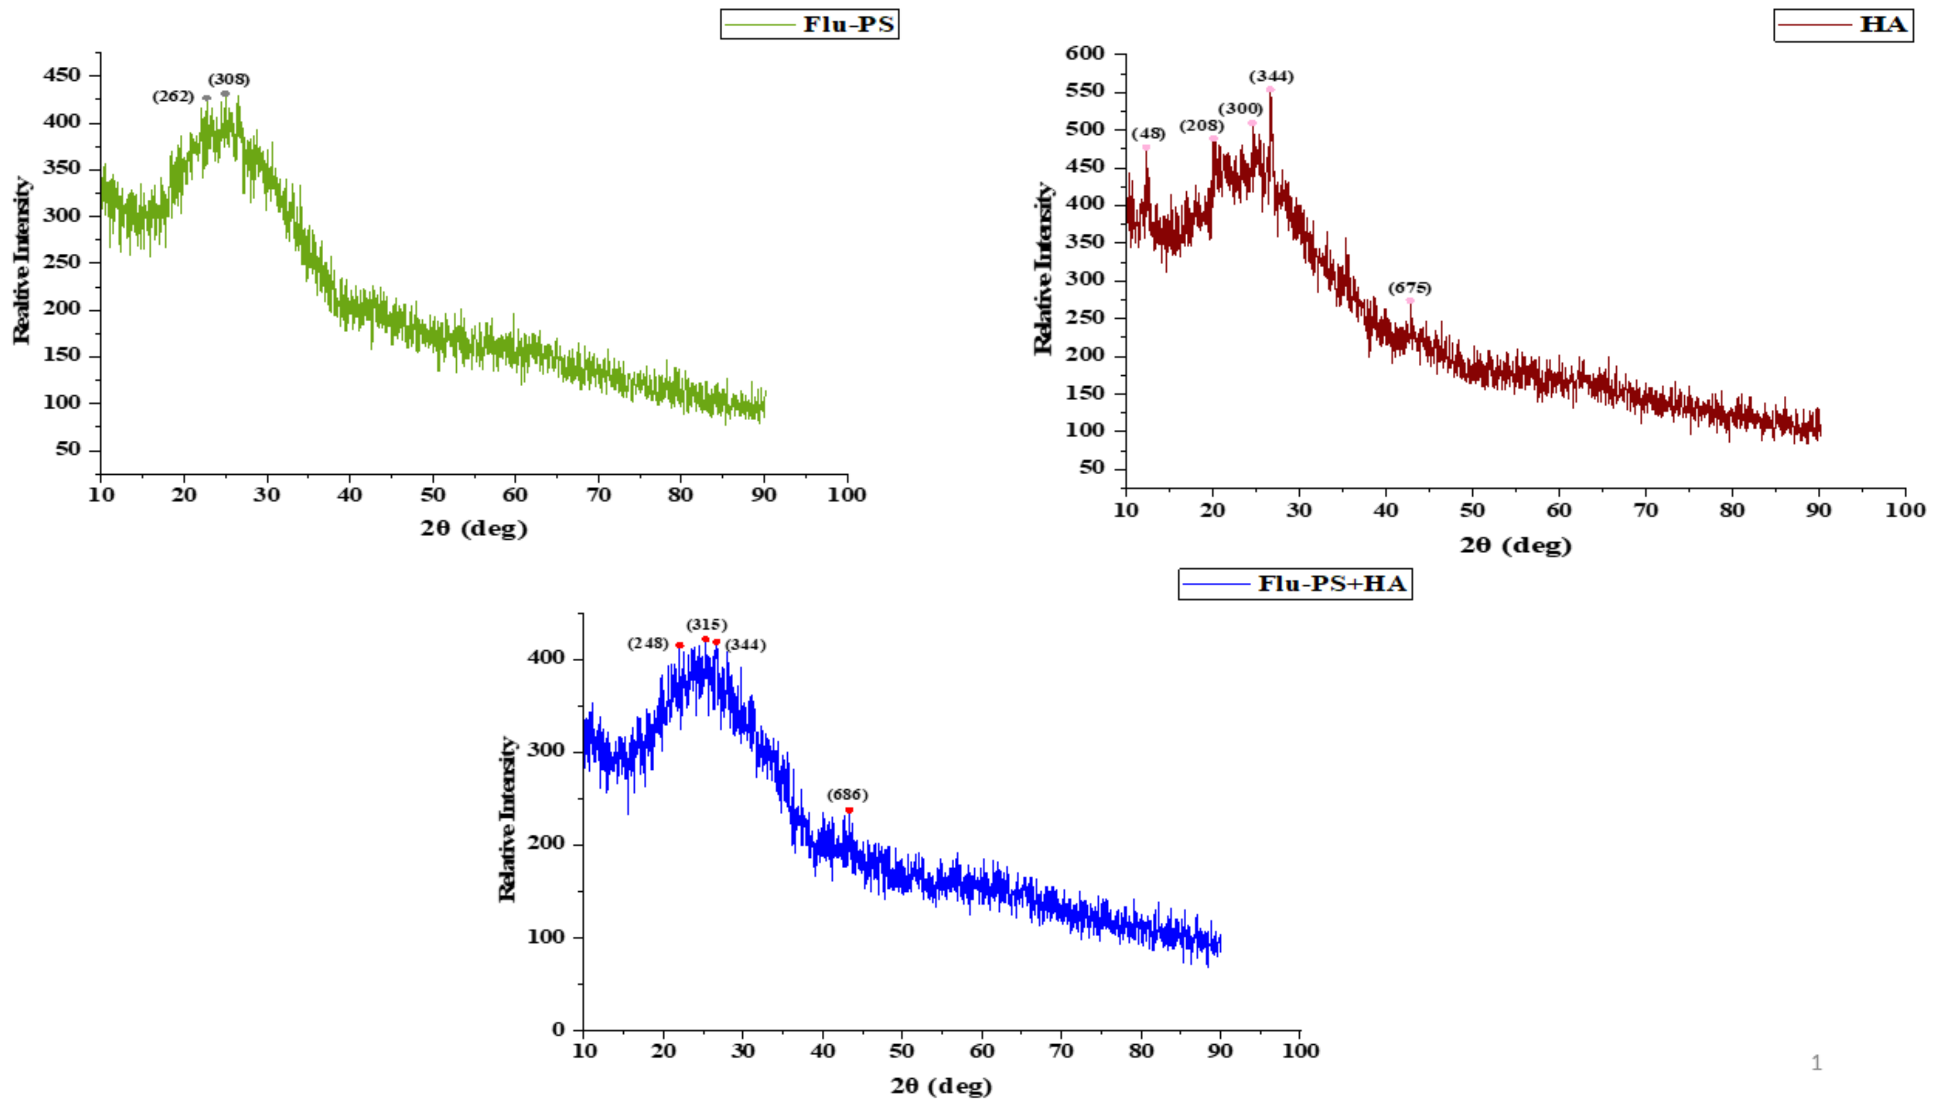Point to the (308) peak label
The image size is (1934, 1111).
click(229, 79)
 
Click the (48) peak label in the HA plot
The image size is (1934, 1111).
click(1148, 134)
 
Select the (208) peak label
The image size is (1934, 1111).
click(1201, 126)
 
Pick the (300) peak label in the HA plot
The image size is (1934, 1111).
click(1240, 109)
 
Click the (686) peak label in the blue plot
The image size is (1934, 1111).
click(847, 795)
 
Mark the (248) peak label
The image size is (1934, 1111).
click(648, 643)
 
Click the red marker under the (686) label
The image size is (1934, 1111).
click(849, 811)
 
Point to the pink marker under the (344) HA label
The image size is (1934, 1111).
click(1270, 89)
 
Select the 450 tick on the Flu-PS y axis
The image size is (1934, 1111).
click(62, 75)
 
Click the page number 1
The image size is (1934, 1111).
click(1816, 1063)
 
